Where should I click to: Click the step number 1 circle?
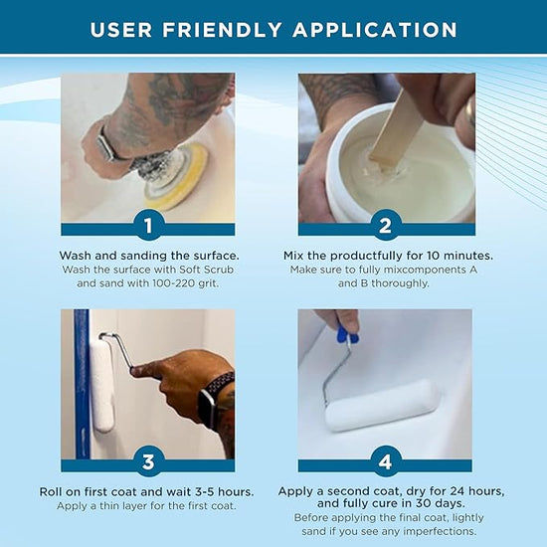point(147,227)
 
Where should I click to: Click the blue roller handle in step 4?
point(346,333)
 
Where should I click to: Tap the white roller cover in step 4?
point(382,405)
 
